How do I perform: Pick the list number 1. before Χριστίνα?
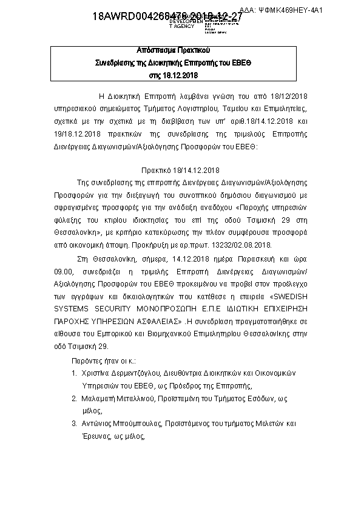coord(74,373)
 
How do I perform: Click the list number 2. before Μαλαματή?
coord(74,398)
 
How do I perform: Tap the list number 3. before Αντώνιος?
coord(74,423)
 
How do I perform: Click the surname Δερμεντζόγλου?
coord(137,373)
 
